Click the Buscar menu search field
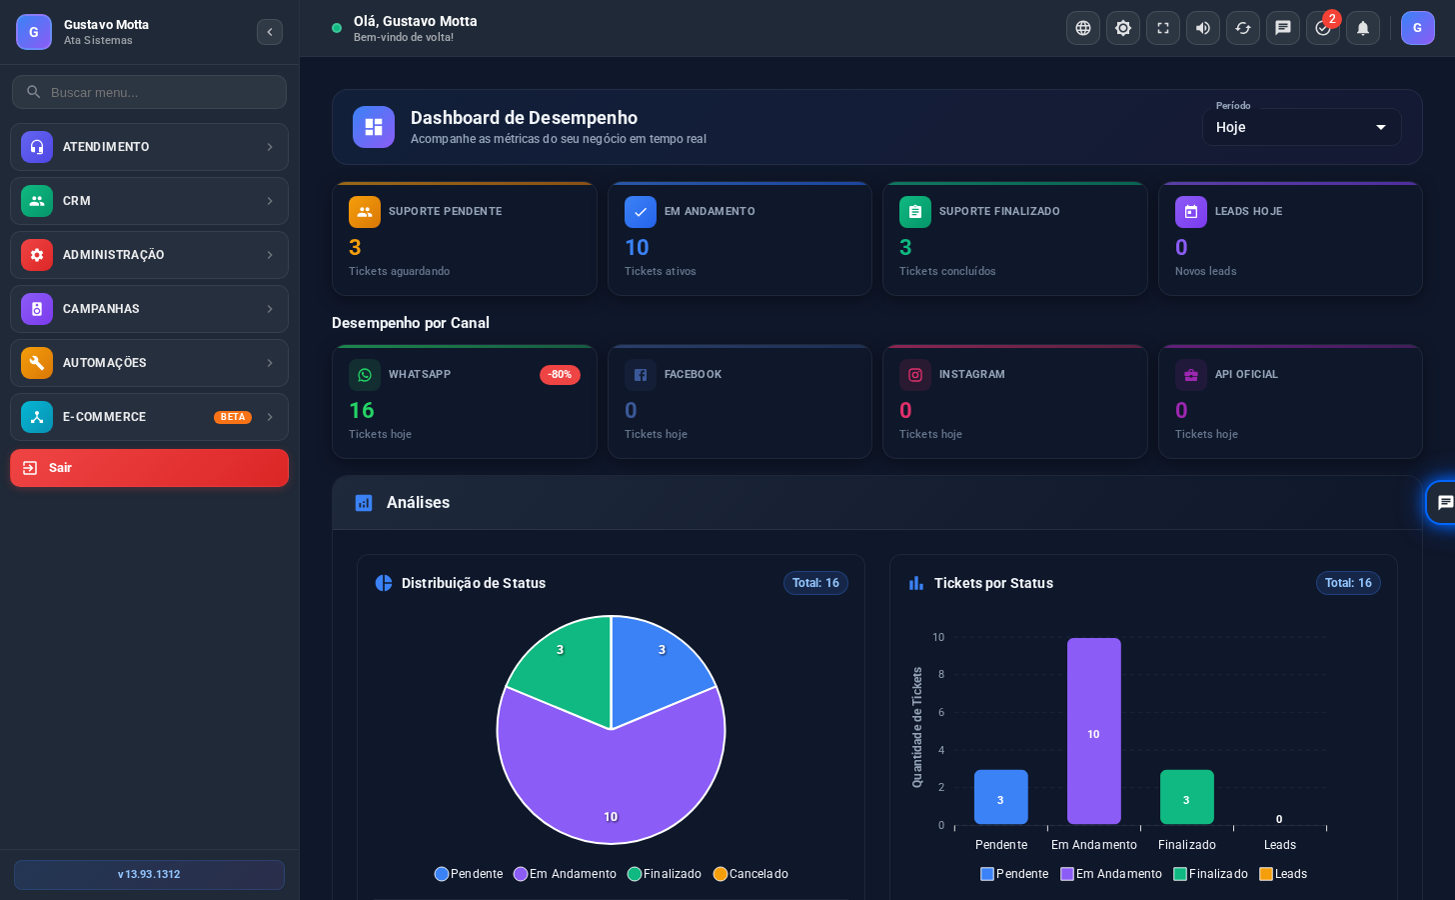[x=149, y=92]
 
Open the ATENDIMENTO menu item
[x=149, y=147]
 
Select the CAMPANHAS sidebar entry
[x=149, y=309]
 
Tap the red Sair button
[x=149, y=468]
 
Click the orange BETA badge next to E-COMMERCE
[x=233, y=417]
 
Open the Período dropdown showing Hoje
[x=1301, y=127]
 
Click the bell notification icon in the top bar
[x=1363, y=28]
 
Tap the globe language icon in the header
[x=1083, y=28]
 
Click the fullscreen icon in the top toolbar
[x=1163, y=28]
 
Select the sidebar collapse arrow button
[x=270, y=32]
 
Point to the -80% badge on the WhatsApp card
[x=560, y=374]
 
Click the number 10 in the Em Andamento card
[x=637, y=248]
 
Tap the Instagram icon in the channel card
[x=914, y=375]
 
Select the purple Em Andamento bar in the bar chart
[x=1094, y=731]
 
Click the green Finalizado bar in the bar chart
[x=1187, y=797]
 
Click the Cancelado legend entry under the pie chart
[x=750, y=874]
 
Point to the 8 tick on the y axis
[x=940, y=675]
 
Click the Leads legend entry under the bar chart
[x=1283, y=874]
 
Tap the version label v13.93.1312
[x=149, y=875]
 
